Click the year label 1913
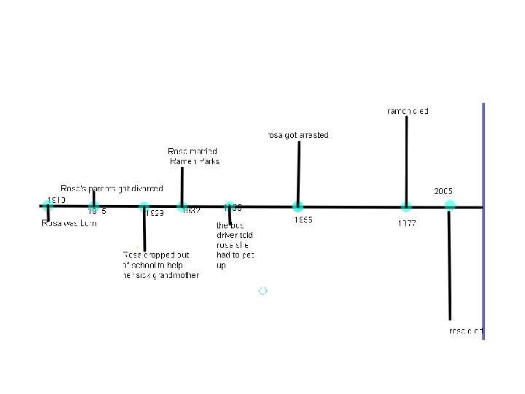point(56,199)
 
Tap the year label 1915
point(97,212)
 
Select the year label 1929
point(154,213)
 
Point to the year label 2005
point(443,191)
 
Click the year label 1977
point(407,223)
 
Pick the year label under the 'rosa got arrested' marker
point(304,220)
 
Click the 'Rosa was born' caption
point(69,224)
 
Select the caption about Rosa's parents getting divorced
point(112,189)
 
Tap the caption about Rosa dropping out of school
point(160,265)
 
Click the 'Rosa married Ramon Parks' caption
point(193,156)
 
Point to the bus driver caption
point(235,245)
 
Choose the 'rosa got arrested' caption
point(297,135)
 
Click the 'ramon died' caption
point(408,111)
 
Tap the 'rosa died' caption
point(466,331)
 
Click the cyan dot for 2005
point(450,206)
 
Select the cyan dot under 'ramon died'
point(406,206)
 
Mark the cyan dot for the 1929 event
point(144,206)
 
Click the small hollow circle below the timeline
point(262,290)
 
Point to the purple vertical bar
point(483,219)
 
